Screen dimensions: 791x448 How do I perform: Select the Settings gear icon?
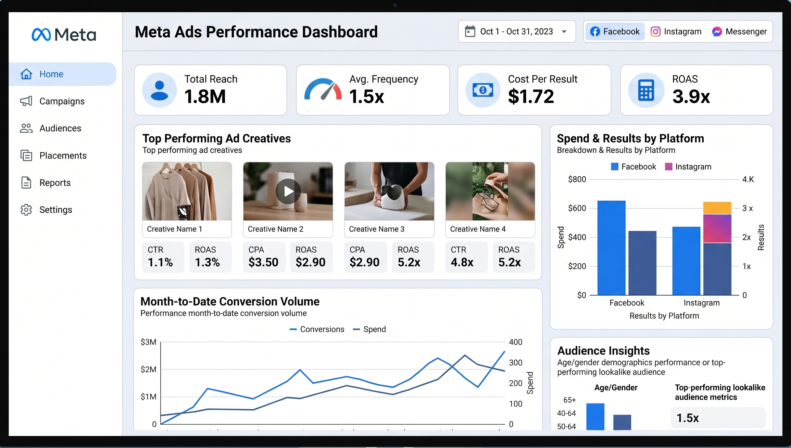click(26, 210)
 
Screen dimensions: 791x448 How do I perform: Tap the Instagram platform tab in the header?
click(676, 31)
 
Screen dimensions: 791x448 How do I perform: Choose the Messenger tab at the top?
click(739, 31)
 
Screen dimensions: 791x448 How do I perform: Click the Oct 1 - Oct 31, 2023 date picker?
click(517, 31)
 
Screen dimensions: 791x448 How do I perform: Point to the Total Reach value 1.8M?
click(205, 96)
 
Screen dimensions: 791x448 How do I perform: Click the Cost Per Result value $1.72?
click(531, 96)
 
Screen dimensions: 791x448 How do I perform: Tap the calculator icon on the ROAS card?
click(646, 90)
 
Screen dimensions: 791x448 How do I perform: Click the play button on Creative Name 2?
click(288, 191)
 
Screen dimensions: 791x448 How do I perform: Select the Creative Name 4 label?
click(478, 229)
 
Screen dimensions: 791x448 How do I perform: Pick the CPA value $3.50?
click(263, 262)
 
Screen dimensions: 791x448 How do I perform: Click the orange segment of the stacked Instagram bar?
click(717, 208)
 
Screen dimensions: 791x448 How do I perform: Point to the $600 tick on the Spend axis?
click(577, 208)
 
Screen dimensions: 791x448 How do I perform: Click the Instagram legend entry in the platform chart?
click(688, 167)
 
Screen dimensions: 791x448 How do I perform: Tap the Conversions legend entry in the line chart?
click(317, 329)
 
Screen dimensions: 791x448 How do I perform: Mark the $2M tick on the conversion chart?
click(148, 369)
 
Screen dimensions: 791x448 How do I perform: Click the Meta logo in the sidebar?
click(64, 34)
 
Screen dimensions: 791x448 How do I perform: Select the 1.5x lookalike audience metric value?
click(687, 418)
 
